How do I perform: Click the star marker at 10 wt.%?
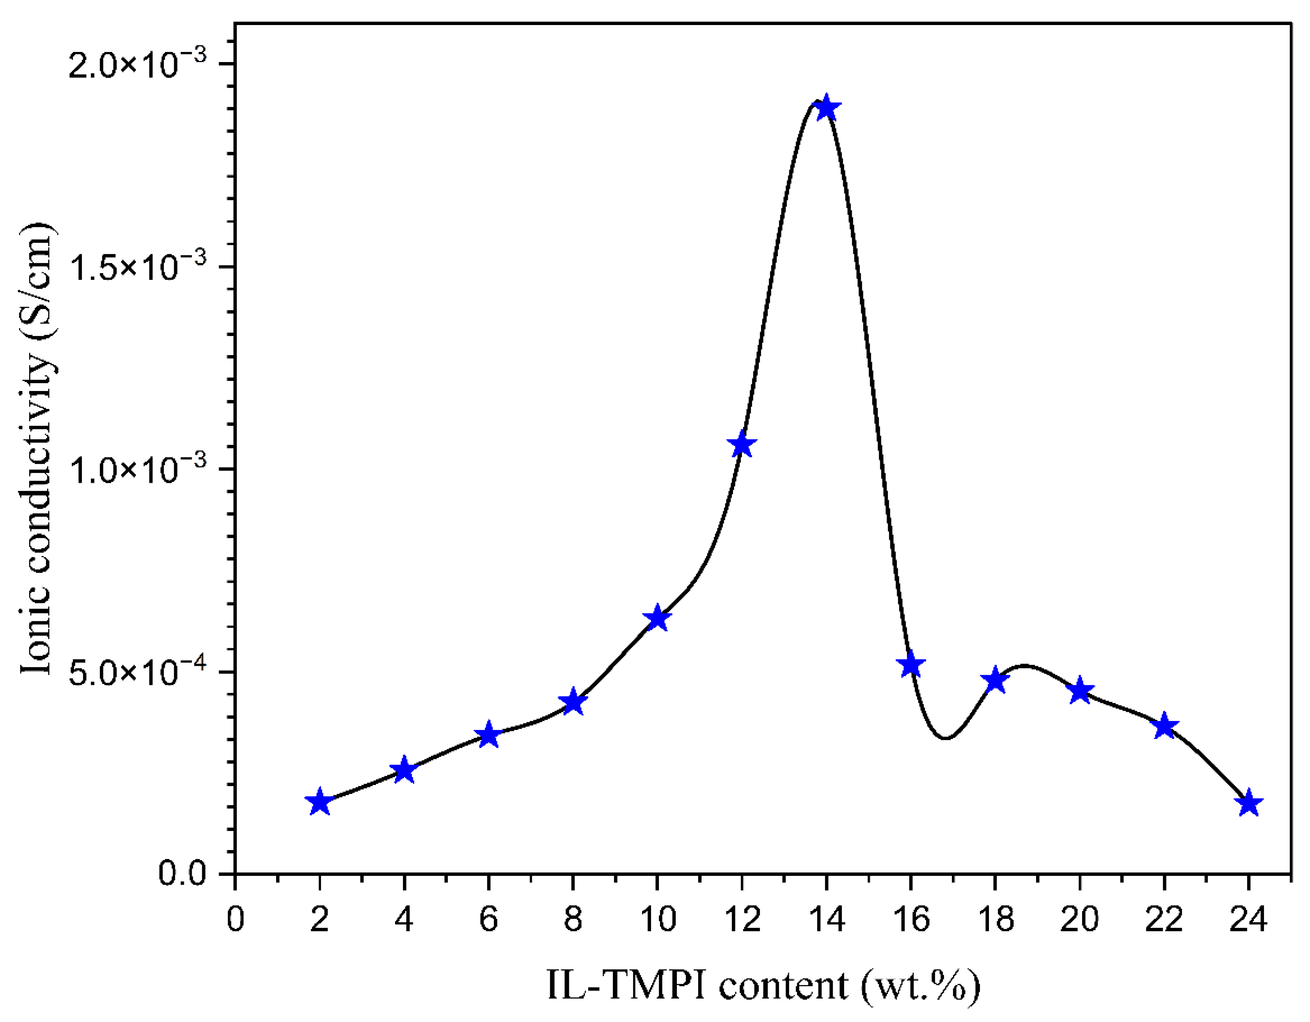[657, 618]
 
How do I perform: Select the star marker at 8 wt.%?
[573, 702]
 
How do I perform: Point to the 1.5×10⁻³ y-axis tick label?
[138, 266]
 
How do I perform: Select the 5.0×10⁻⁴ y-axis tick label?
[138, 672]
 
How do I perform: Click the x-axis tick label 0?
[235, 920]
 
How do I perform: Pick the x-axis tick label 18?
[995, 920]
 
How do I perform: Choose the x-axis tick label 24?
[1249, 920]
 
